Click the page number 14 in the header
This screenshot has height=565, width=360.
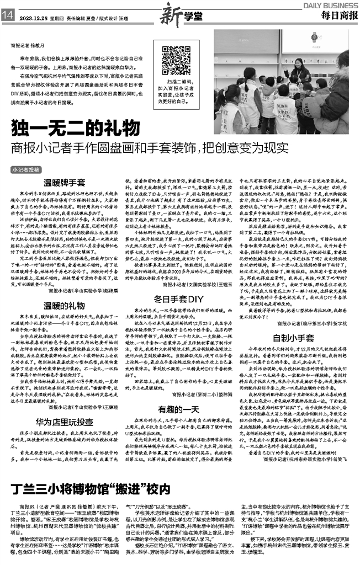pyautogui.click(x=8, y=16)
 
